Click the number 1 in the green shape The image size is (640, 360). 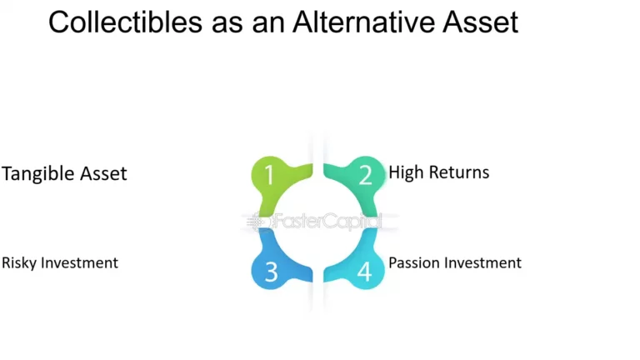(269, 175)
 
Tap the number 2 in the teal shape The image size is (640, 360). (365, 175)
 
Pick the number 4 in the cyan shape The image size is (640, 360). (365, 272)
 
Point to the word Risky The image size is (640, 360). (18, 263)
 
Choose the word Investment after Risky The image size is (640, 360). (79, 262)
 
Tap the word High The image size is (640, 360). (405, 172)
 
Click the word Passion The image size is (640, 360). (414, 263)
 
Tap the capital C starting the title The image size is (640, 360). (58, 22)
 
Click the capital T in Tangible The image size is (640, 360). (7, 173)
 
